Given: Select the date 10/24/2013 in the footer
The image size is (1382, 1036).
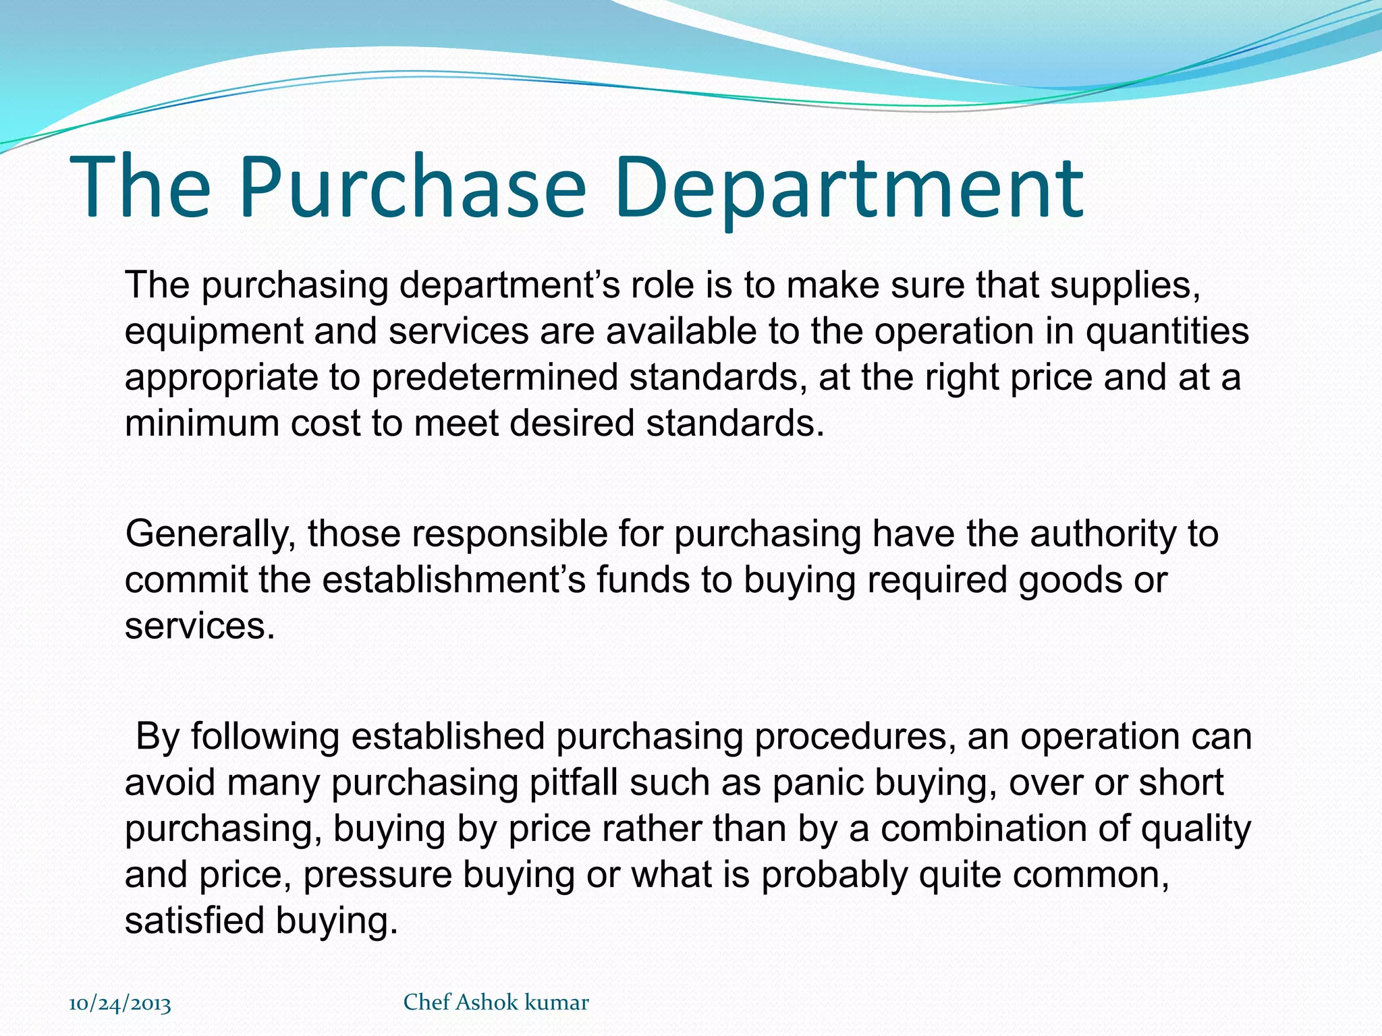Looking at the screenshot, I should pos(120,1004).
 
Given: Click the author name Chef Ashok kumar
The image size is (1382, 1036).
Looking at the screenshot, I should pos(496,1002).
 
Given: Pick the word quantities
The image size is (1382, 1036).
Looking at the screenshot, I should pos(1167,331).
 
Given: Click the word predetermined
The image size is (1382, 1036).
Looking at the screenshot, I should pos(495,377).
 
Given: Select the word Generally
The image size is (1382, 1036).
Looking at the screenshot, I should pos(211,534).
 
